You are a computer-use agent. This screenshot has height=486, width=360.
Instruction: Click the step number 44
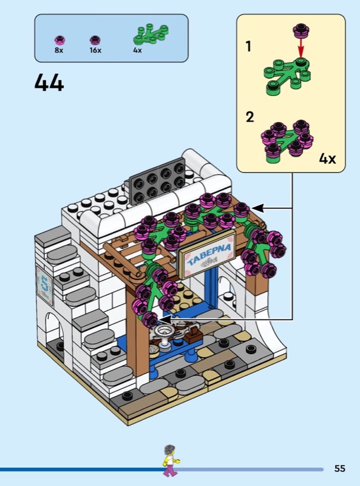point(49,83)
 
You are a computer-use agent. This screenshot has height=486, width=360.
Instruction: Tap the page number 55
point(339,468)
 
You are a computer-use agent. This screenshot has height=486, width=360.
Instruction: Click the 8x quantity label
point(59,50)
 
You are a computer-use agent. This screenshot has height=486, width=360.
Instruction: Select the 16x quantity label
point(95,50)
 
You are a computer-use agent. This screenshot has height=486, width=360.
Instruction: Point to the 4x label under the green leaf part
point(138,50)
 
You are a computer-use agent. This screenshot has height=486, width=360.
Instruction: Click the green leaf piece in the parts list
point(151,35)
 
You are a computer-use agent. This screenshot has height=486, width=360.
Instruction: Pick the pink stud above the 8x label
point(59,40)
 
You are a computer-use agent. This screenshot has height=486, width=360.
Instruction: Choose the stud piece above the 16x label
point(95,40)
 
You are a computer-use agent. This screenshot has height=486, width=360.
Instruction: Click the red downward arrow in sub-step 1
point(301,48)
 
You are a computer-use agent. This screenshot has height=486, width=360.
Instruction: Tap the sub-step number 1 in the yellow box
point(248,47)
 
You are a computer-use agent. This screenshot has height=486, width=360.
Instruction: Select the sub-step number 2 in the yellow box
point(250,117)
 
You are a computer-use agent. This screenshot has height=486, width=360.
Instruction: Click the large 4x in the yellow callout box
point(327,159)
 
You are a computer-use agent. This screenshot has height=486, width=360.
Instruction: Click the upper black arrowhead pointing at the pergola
point(259,208)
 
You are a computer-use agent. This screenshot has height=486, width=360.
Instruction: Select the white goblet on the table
point(163,335)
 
